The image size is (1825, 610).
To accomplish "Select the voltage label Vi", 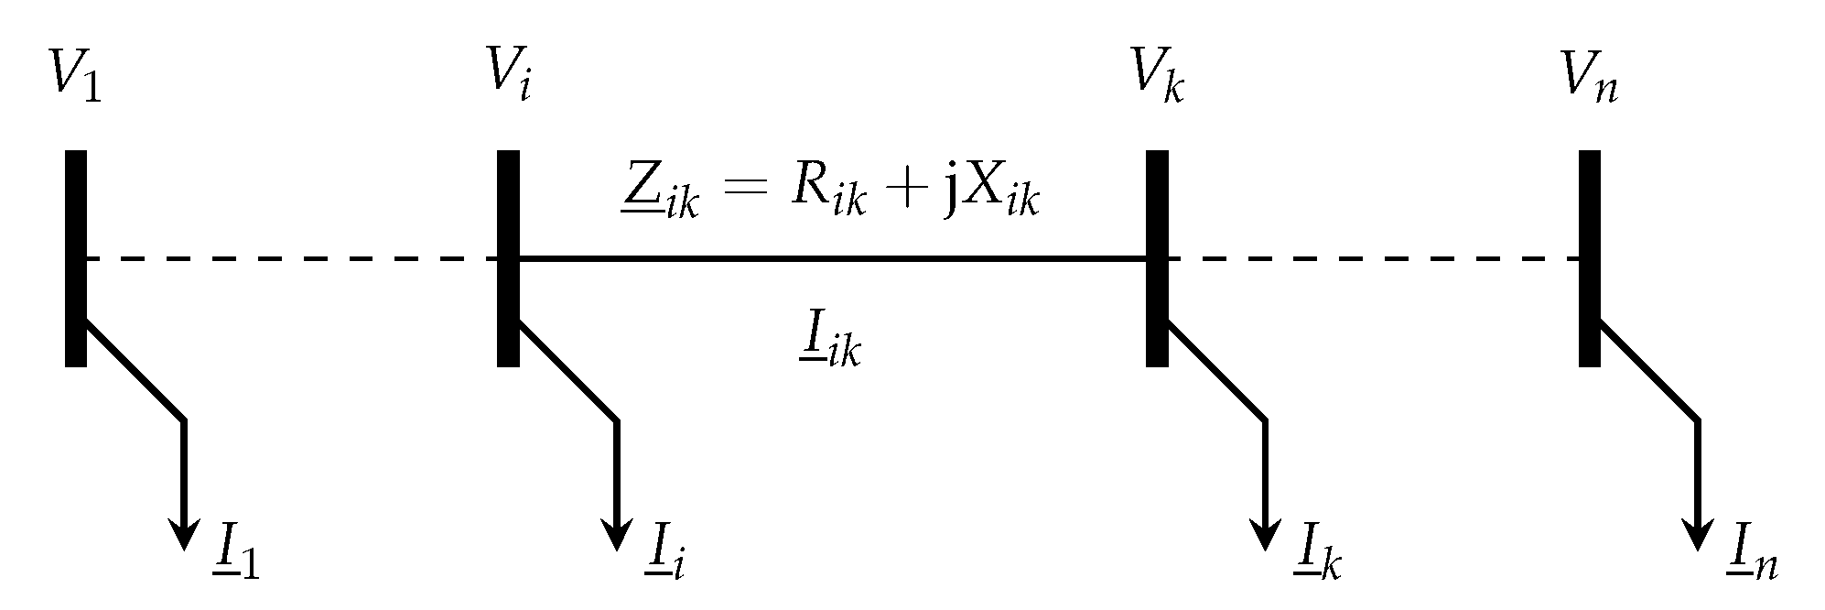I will point(509,75).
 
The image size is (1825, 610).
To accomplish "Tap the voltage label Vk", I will point(1159,75).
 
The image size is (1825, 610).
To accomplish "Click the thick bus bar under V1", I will point(76,258).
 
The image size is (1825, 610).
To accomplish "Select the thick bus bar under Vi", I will point(508,258).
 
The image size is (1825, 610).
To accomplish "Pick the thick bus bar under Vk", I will point(1157,258).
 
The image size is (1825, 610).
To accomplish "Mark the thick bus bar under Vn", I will point(1590,258).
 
